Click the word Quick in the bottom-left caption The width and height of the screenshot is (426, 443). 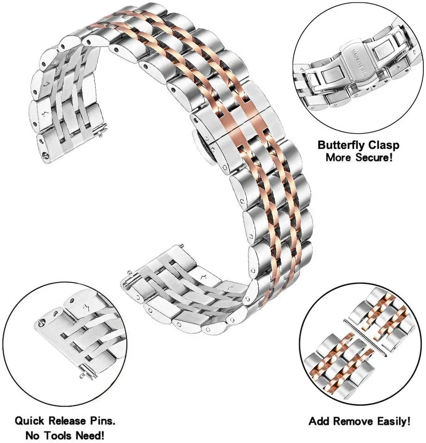tap(29, 421)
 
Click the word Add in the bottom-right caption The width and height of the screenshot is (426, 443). tap(319, 421)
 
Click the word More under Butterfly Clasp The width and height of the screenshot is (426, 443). tap(339, 157)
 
